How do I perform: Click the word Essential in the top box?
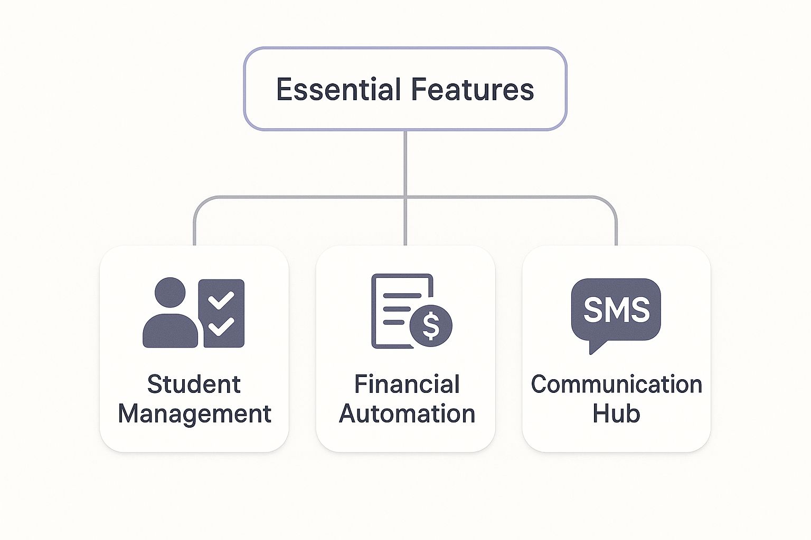click(338, 89)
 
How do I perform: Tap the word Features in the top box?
click(473, 89)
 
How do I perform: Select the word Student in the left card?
click(194, 384)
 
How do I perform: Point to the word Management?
click(194, 413)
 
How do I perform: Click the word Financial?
click(407, 384)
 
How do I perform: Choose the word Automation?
click(407, 413)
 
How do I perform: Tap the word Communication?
click(616, 384)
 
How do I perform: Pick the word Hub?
click(616, 413)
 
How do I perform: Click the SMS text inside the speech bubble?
click(616, 310)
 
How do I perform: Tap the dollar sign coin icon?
click(431, 325)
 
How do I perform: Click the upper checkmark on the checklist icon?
click(221, 301)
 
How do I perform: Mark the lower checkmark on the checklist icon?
click(221, 326)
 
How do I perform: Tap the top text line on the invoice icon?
click(401, 295)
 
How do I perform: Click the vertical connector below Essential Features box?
click(405, 163)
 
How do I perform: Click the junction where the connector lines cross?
click(405, 197)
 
